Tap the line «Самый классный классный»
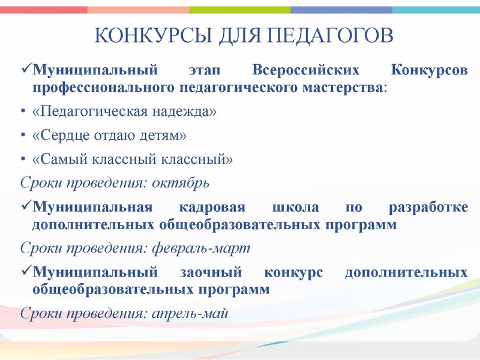(131, 159)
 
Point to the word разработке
(428, 208)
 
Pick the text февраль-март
(199, 247)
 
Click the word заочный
(208, 272)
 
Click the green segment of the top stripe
(240, 10)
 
